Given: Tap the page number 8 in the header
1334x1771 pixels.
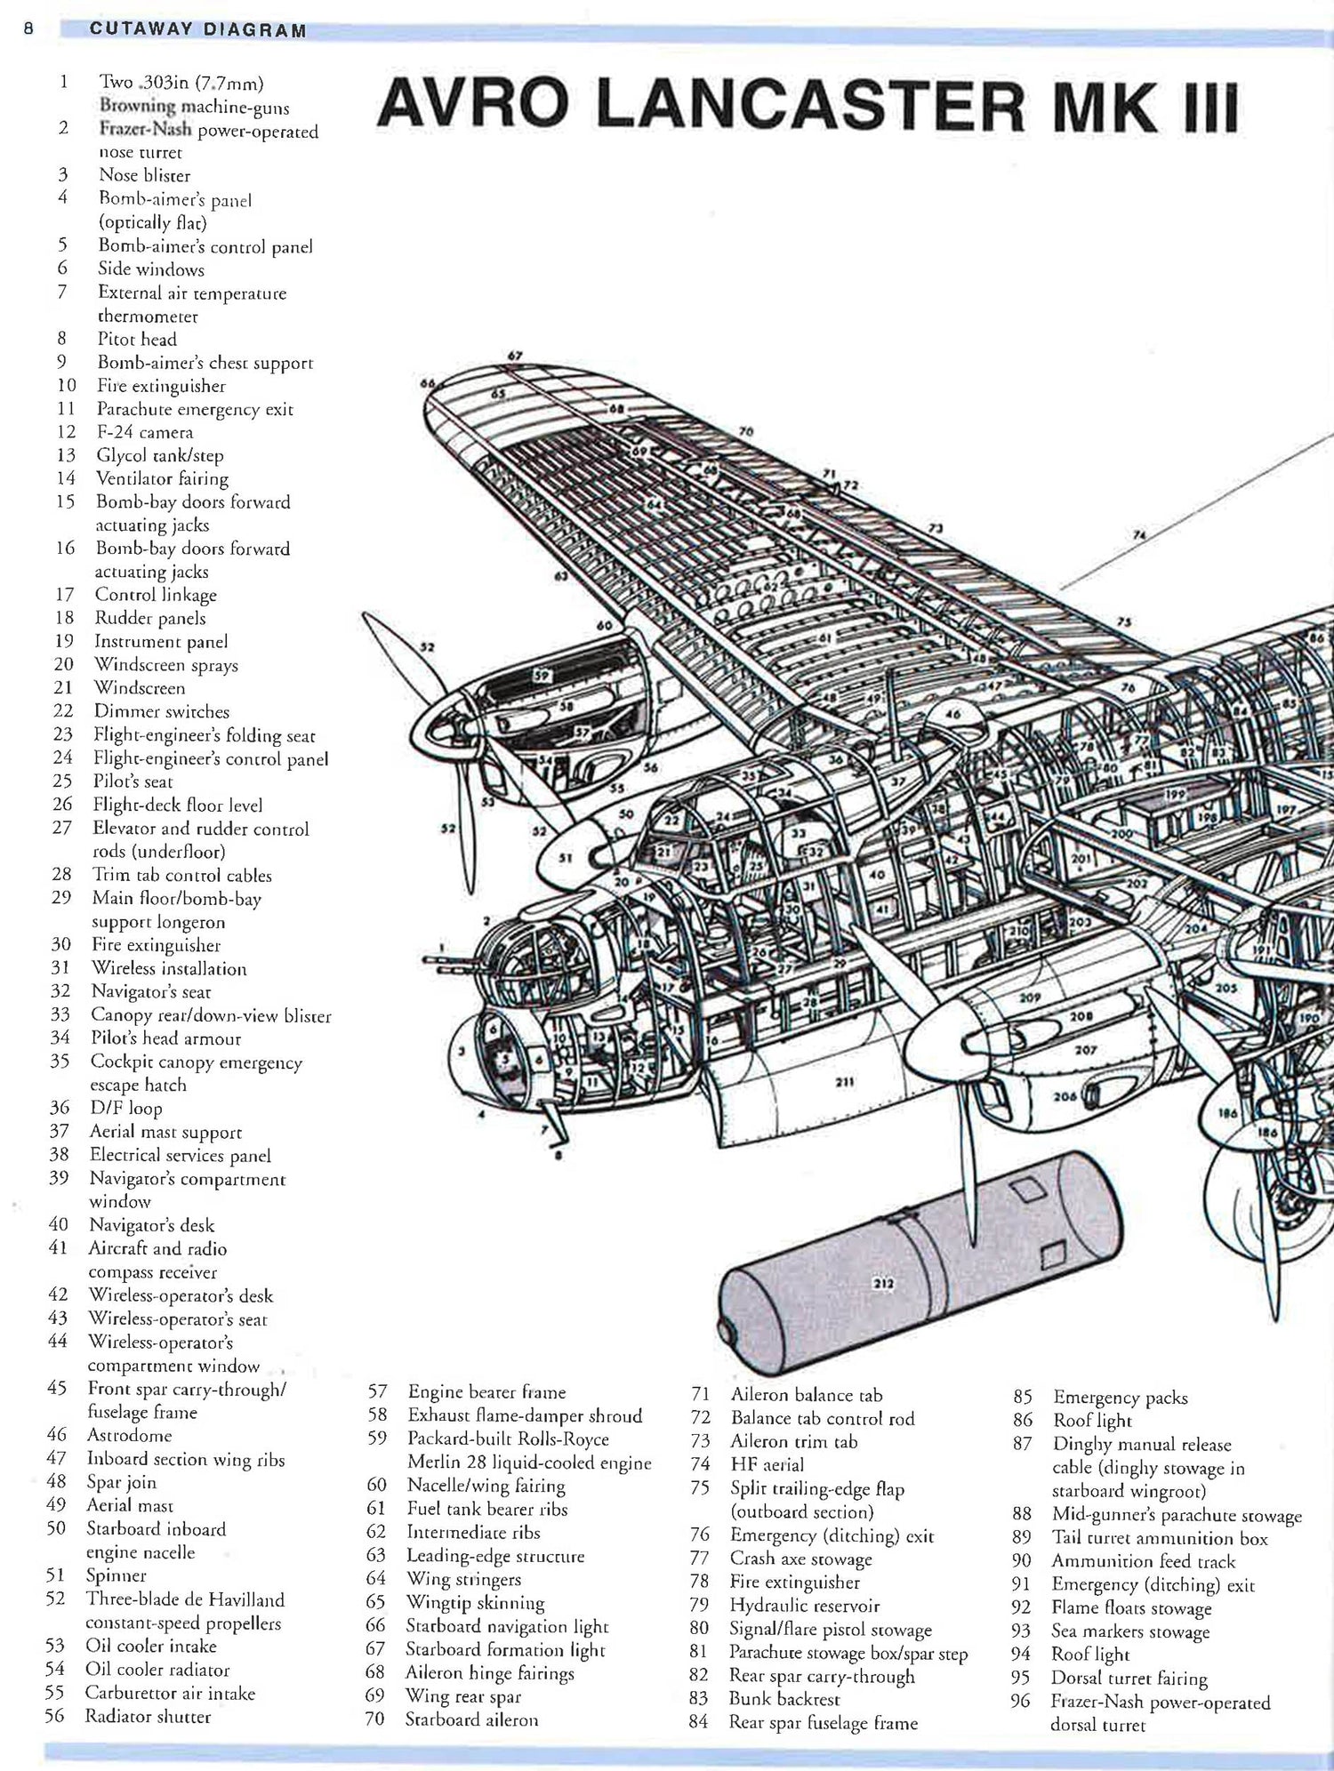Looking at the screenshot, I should point(28,28).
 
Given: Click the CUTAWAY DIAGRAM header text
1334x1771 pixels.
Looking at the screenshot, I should point(197,30).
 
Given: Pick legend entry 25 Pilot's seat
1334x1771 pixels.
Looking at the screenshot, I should point(133,781).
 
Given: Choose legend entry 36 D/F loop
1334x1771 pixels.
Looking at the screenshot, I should point(125,1108).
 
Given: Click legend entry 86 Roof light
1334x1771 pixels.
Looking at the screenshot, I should point(1091,1421).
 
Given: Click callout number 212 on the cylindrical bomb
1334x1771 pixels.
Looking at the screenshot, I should point(883,1284).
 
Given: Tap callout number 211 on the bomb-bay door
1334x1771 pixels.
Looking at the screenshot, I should point(844,1082).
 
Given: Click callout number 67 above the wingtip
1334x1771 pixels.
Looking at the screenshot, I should point(515,357).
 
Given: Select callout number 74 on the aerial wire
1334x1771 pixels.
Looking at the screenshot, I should point(1139,535).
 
